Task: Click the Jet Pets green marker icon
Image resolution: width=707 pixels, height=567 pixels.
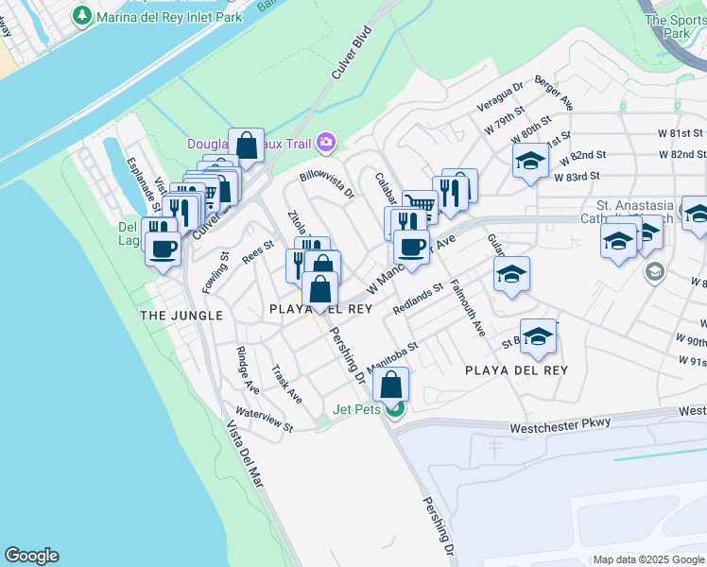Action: tap(395, 409)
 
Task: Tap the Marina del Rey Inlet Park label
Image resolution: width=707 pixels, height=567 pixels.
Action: tap(163, 15)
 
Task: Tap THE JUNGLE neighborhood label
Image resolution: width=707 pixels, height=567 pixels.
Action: tap(181, 315)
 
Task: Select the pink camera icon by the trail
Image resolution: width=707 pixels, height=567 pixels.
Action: tap(326, 142)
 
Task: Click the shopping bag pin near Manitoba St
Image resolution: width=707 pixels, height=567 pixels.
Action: tap(391, 384)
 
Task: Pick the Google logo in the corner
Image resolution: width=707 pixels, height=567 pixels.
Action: tap(31, 556)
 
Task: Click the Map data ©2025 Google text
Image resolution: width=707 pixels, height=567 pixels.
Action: tap(648, 559)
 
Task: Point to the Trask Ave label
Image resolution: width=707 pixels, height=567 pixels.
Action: tap(286, 384)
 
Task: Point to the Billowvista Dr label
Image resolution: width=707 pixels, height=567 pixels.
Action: tap(326, 183)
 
